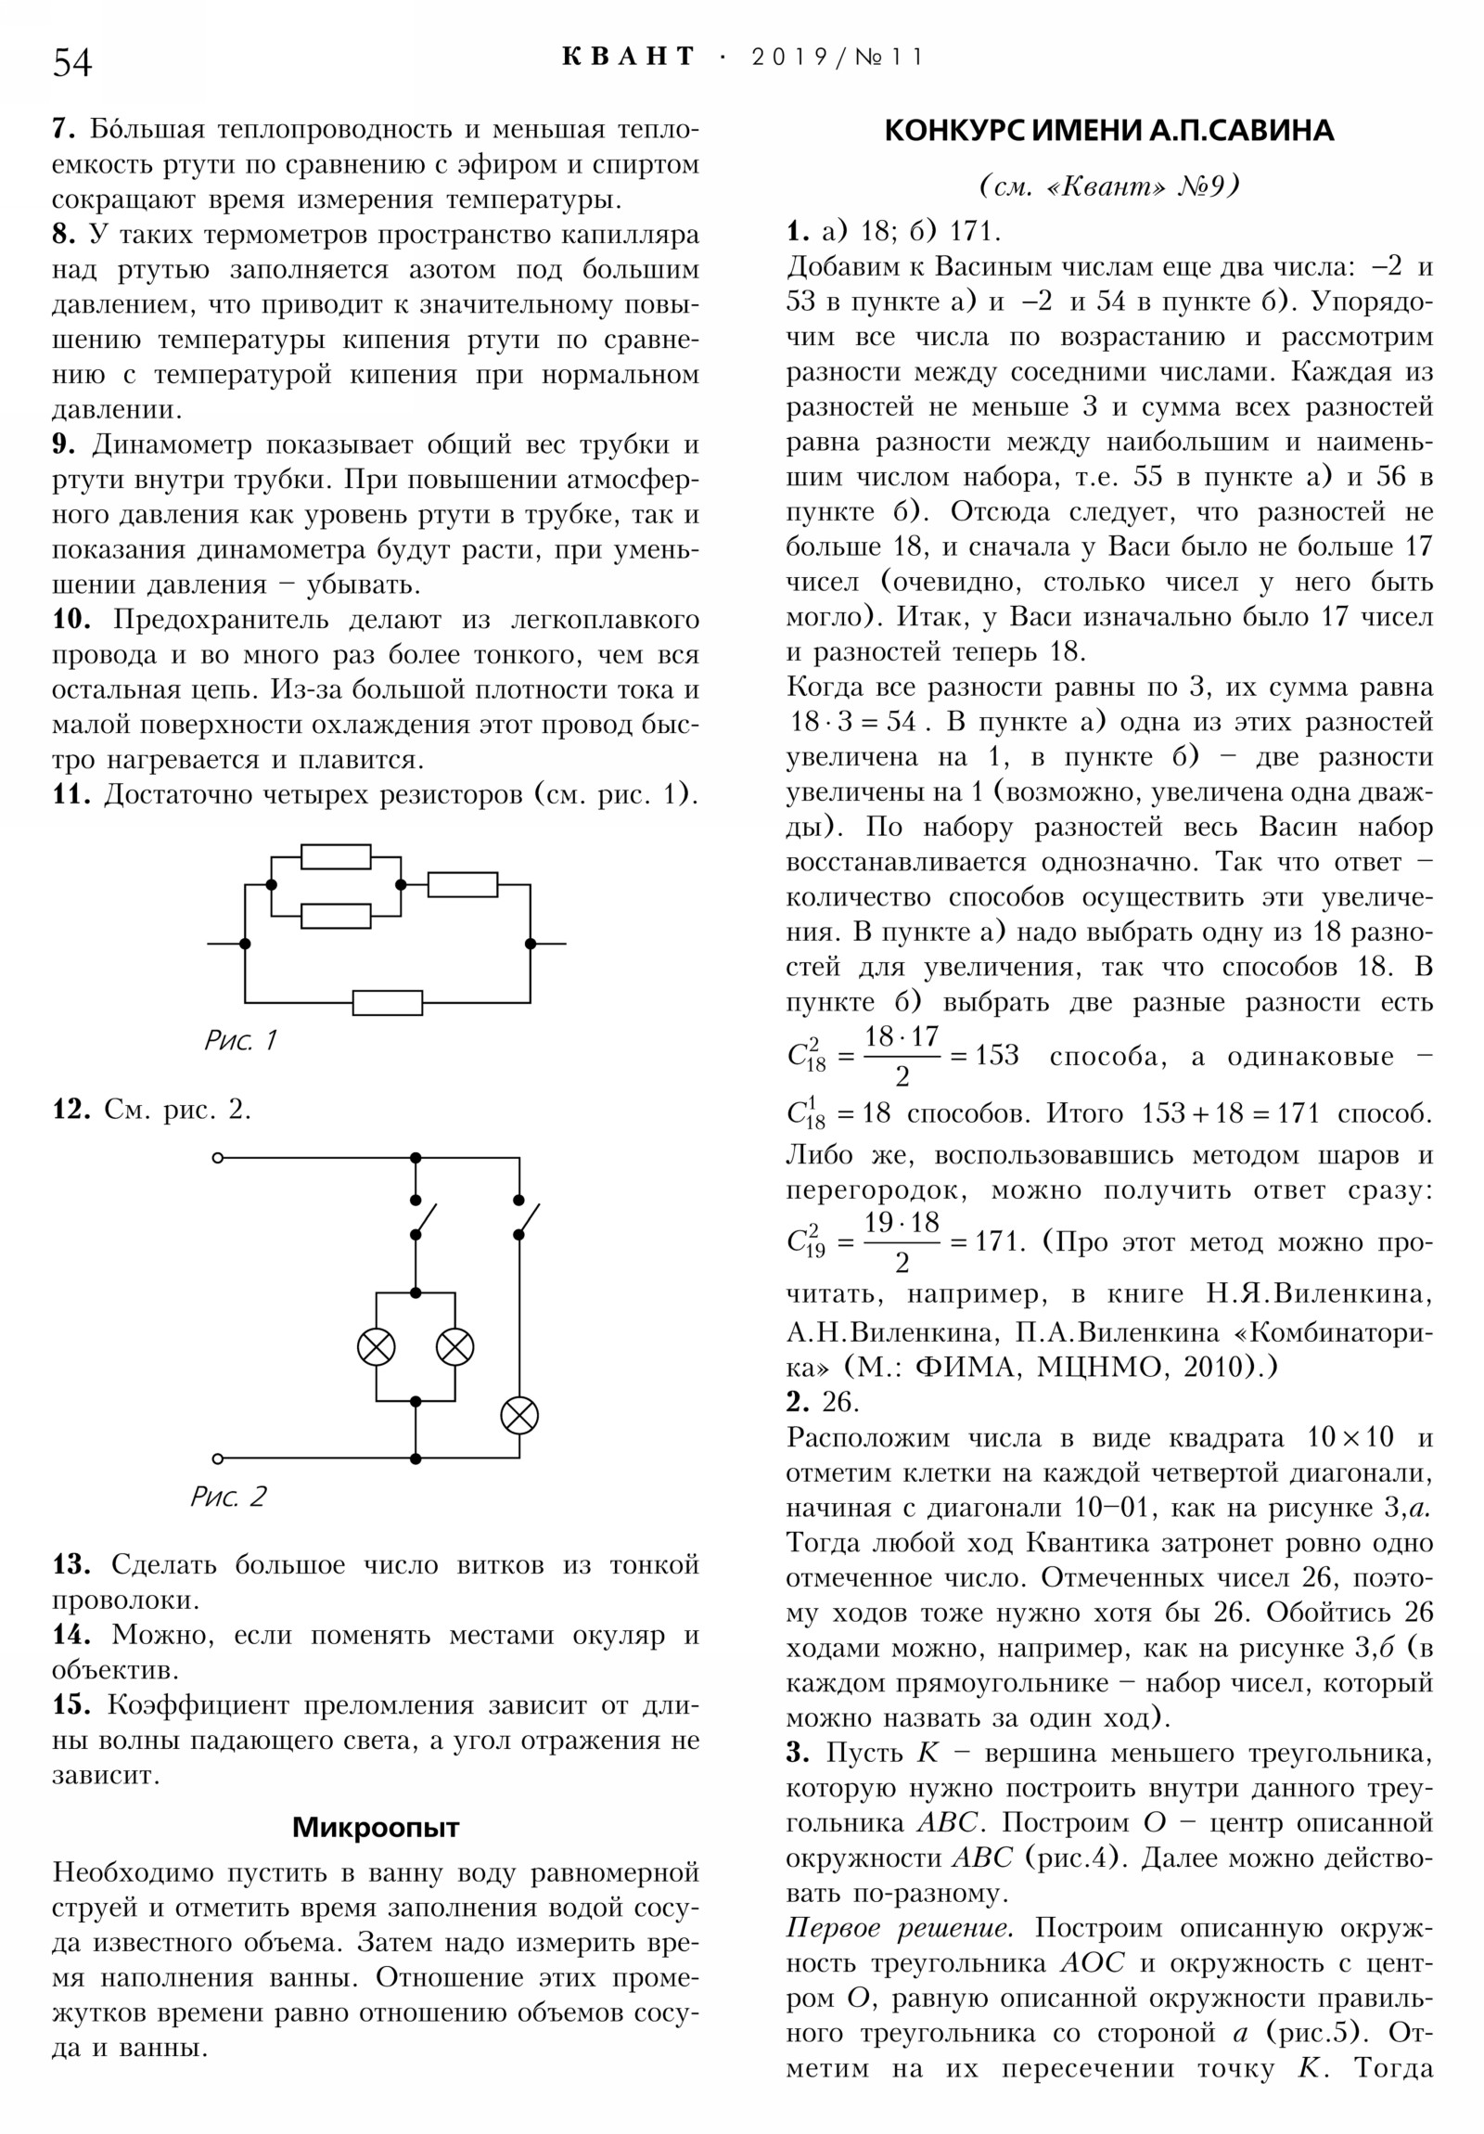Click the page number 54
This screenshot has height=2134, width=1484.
click(x=72, y=62)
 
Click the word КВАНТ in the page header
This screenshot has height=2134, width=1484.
click(x=628, y=57)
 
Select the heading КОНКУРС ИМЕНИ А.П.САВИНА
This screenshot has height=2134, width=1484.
click(x=1108, y=131)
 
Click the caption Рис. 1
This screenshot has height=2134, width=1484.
click(x=240, y=1040)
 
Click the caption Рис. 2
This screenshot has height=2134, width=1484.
click(x=228, y=1497)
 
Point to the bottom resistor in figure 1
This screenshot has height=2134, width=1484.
click(x=388, y=1003)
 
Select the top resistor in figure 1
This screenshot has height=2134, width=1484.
click(x=336, y=856)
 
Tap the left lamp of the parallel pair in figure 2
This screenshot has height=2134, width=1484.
click(x=377, y=1347)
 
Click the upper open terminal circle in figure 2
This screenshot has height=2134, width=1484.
click(x=218, y=1158)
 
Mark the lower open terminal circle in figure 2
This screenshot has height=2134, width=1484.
click(x=218, y=1459)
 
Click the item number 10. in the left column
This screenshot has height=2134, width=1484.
click(x=71, y=619)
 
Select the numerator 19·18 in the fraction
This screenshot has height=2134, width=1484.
click(x=902, y=1222)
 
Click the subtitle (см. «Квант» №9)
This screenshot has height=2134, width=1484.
click(x=1109, y=186)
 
